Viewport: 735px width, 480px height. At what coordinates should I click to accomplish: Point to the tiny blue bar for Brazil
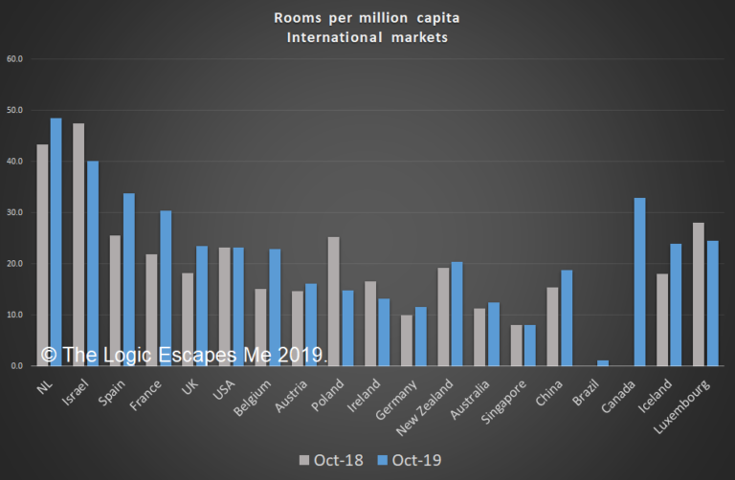tap(604, 363)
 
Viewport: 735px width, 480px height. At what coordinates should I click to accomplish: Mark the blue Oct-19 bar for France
tap(166, 288)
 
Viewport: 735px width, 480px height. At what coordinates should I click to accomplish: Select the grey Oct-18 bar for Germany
tap(406, 340)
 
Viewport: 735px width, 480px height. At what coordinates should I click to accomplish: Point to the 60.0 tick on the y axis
tap(14, 59)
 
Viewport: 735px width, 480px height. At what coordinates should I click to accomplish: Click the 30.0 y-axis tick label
tap(14, 212)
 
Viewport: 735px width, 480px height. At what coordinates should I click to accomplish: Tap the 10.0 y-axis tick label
tap(14, 315)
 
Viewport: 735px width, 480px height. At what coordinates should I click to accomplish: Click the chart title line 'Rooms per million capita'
tap(367, 16)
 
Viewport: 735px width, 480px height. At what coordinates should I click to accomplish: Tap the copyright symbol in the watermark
tap(48, 355)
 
